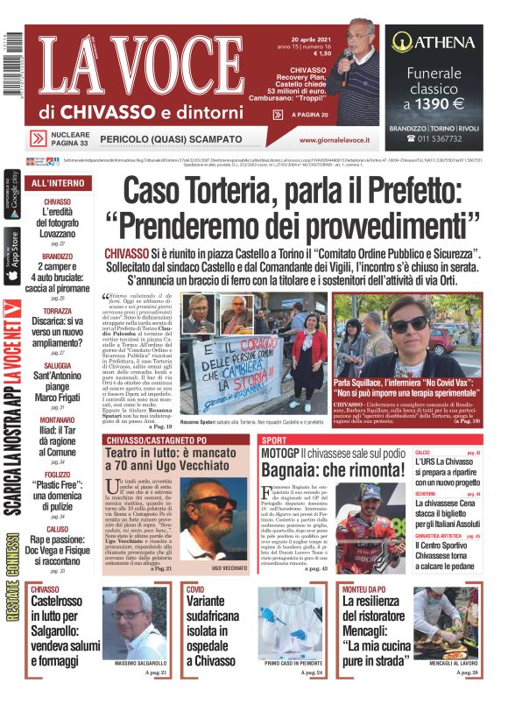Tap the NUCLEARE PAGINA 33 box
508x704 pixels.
61,137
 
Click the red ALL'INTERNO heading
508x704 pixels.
58,183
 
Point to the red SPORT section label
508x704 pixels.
274,439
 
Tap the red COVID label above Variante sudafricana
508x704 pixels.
195,589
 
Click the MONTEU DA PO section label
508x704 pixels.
363,589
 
